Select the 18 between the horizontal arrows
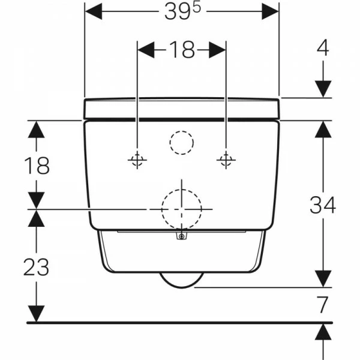[x=181, y=50]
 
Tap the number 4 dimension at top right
[x=323, y=48]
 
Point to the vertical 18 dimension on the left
[x=37, y=164]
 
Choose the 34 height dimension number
[x=323, y=205]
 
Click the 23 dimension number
[x=37, y=266]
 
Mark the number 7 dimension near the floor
[x=323, y=304]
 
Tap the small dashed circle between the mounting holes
[x=181, y=143]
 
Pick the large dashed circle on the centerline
[x=181, y=208]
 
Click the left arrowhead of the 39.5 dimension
[x=94, y=11]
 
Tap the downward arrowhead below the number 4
[x=323, y=89]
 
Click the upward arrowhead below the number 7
[x=323, y=332]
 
